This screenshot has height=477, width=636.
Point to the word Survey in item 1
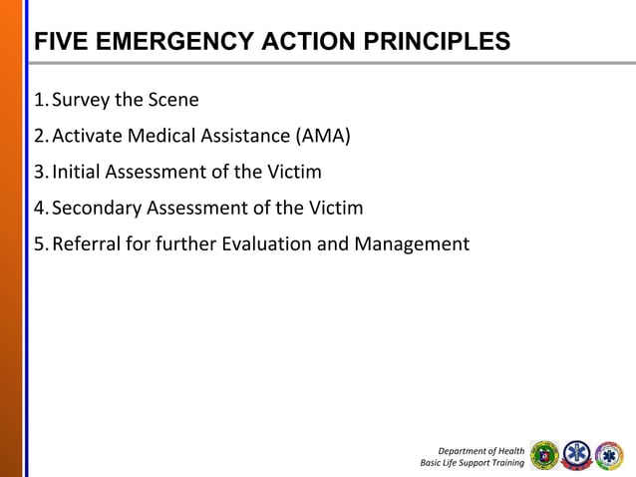82,100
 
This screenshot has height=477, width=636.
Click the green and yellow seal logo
544,455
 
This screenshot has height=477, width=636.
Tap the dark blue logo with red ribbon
576,455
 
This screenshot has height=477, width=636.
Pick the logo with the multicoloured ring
608,455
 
